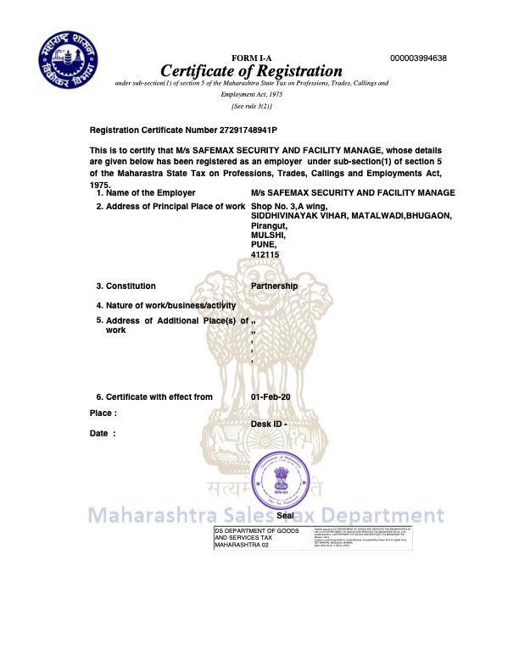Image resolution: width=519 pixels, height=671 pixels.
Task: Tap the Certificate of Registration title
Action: click(252, 71)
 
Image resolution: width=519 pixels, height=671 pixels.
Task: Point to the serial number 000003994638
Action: click(418, 58)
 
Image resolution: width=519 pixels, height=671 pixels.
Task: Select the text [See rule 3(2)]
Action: click(252, 106)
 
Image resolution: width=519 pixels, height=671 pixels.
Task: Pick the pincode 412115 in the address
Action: click(265, 254)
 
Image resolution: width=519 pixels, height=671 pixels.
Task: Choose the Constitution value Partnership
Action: click(275, 286)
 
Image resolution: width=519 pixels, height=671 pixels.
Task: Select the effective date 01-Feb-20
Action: click(271, 396)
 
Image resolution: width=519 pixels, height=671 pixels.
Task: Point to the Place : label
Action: click(103, 413)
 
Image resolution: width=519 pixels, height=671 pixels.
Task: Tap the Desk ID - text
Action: click(270, 424)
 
